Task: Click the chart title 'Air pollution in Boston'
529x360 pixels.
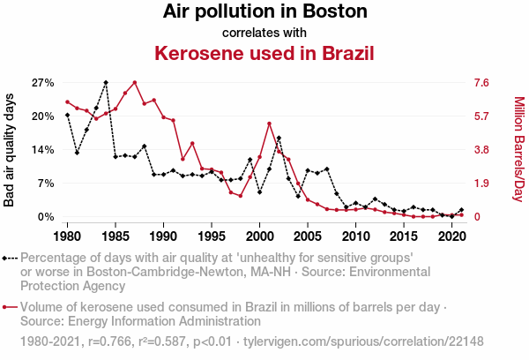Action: (x=264, y=12)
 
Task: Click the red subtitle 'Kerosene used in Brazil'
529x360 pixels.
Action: (x=264, y=53)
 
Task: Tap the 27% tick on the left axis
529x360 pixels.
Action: (x=43, y=83)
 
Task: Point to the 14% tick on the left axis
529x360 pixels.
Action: (x=43, y=150)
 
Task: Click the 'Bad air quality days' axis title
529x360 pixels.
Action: (x=10, y=150)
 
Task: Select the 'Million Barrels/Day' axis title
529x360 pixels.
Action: (x=518, y=150)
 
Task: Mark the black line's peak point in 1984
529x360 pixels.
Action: (x=106, y=83)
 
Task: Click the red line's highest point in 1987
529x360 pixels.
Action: (x=134, y=82)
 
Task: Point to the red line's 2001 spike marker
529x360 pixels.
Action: (x=269, y=124)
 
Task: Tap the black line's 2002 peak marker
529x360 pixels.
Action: (x=279, y=138)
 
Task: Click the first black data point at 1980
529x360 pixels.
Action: (x=67, y=115)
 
